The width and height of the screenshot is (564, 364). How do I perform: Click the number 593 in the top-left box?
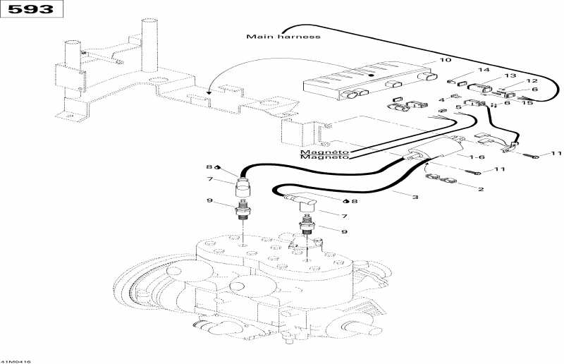[x=31, y=9]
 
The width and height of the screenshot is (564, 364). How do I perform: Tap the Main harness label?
[x=283, y=37]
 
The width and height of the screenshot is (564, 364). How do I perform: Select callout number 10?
[x=446, y=60]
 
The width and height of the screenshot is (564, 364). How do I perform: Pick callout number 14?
[x=484, y=70]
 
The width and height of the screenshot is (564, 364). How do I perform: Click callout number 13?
[x=510, y=75]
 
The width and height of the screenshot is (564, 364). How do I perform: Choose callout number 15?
[x=527, y=103]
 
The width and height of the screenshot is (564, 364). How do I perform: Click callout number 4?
[x=441, y=99]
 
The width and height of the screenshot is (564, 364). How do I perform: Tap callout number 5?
[x=458, y=107]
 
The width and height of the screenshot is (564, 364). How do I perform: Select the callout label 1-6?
[x=477, y=157]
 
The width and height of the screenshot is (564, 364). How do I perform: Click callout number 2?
[x=481, y=189]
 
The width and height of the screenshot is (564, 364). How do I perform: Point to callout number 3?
[x=415, y=198]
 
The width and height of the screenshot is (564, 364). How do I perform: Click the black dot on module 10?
[x=372, y=75]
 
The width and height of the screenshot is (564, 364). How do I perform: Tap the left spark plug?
[x=243, y=212]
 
